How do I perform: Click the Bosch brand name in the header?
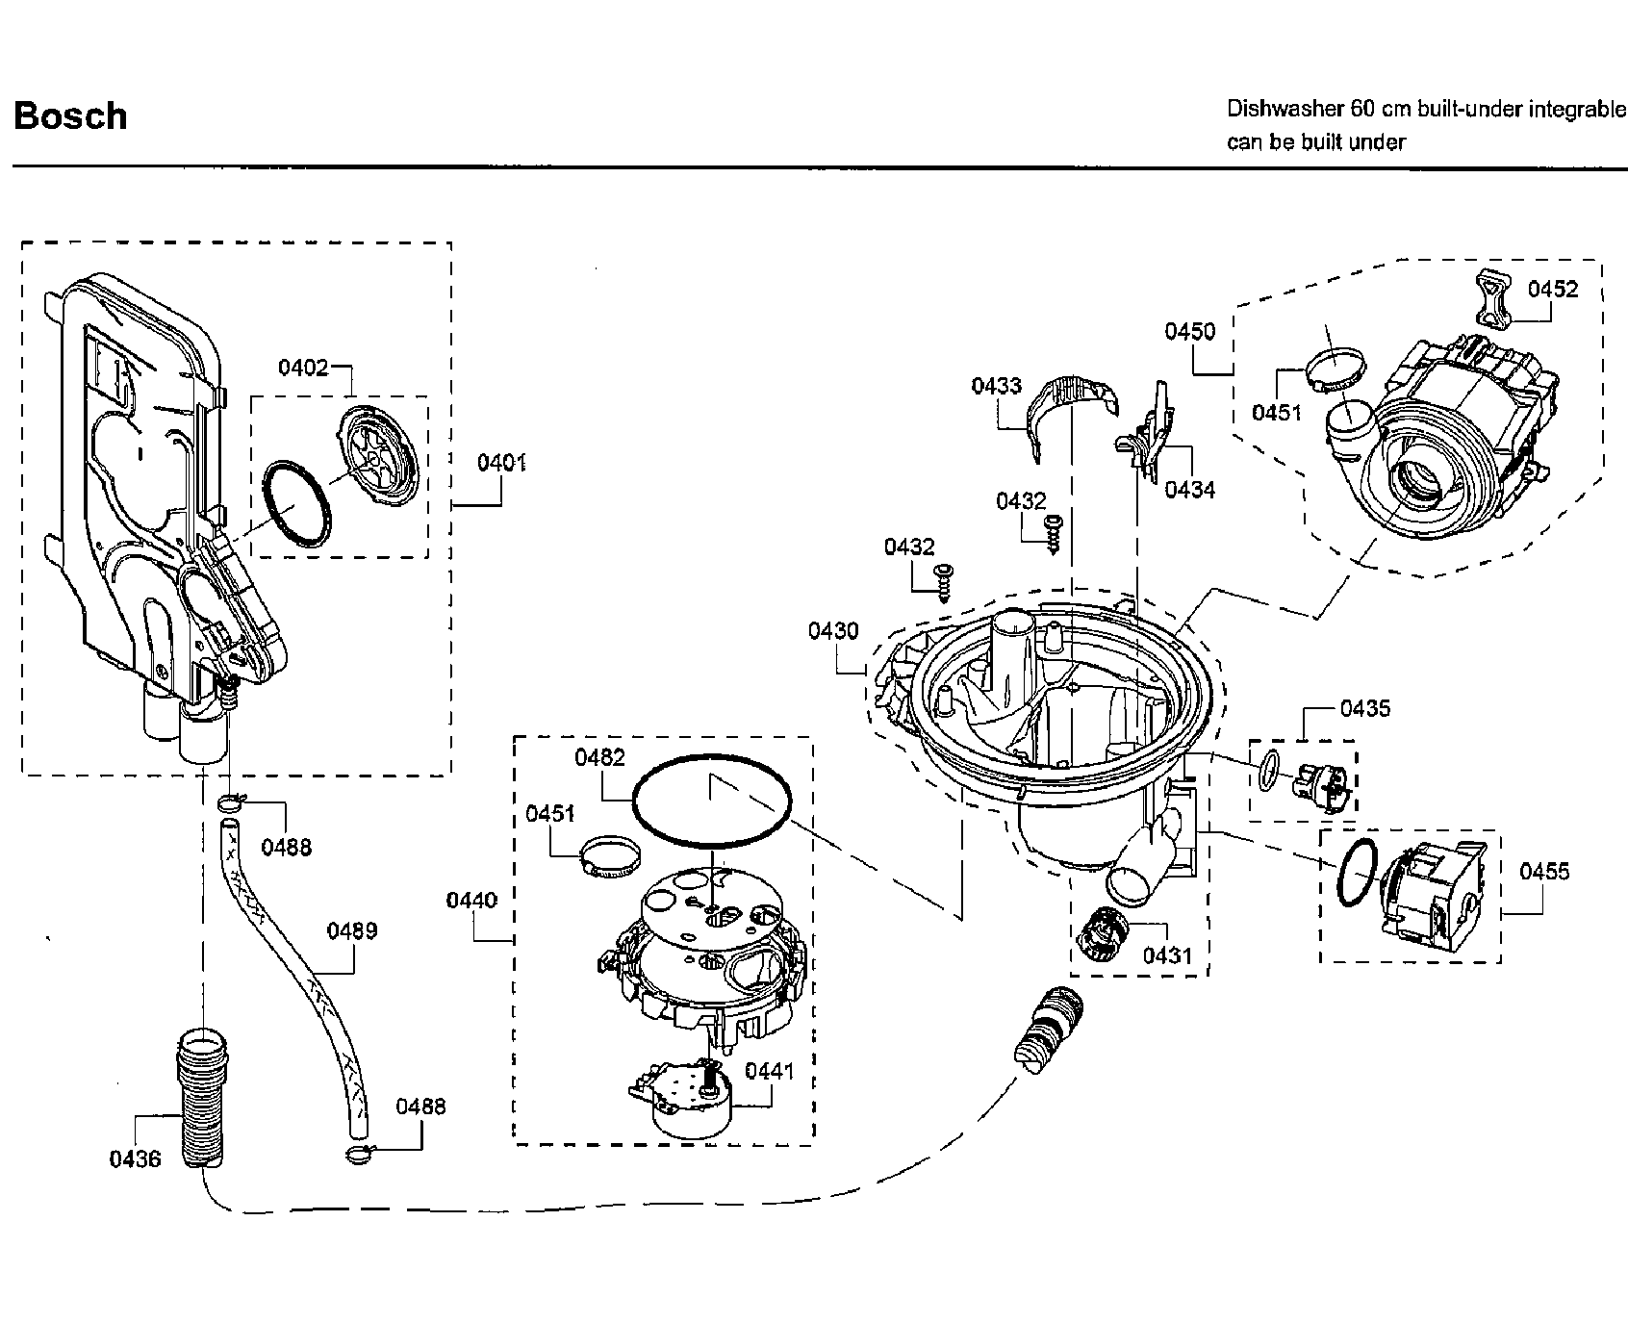point(70,116)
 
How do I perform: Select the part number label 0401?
point(501,464)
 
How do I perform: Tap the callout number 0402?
point(303,367)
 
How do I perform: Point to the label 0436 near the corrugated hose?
point(135,1159)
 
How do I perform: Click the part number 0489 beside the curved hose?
point(352,930)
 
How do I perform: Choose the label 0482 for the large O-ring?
point(599,757)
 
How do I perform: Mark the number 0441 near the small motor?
point(770,1071)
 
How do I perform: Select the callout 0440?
point(471,901)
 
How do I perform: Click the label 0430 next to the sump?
point(833,631)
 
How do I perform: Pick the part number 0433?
point(996,387)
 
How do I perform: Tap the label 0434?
point(1190,490)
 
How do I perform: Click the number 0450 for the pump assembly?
point(1190,332)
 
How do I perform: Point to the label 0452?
point(1553,290)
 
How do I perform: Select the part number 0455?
point(1544,872)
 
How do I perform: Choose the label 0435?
point(1365,709)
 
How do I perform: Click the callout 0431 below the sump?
point(1167,955)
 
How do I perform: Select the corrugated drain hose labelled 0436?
point(199,1097)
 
